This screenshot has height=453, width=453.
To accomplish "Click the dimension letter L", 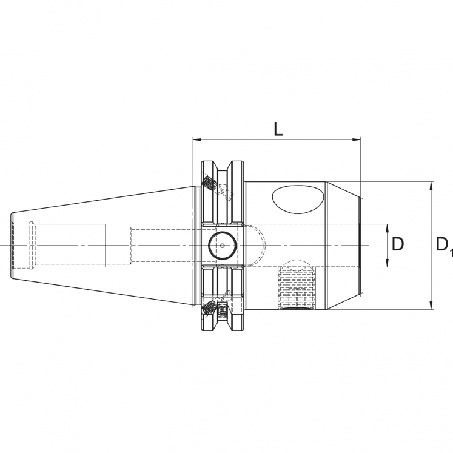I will tap(278, 129).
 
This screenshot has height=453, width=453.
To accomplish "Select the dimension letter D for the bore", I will tap(398, 244).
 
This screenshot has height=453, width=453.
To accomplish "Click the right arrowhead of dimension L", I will tap(357, 141).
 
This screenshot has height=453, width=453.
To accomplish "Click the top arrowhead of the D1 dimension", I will tap(431, 184).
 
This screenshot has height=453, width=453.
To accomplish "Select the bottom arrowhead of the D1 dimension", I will tap(431, 306).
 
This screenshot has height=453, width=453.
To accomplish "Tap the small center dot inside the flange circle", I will tap(223, 246).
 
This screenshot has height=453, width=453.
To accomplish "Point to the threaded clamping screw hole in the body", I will tap(297, 289).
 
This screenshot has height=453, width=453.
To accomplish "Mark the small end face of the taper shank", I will tap(12, 246).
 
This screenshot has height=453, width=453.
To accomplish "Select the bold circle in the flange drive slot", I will tap(223, 246).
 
